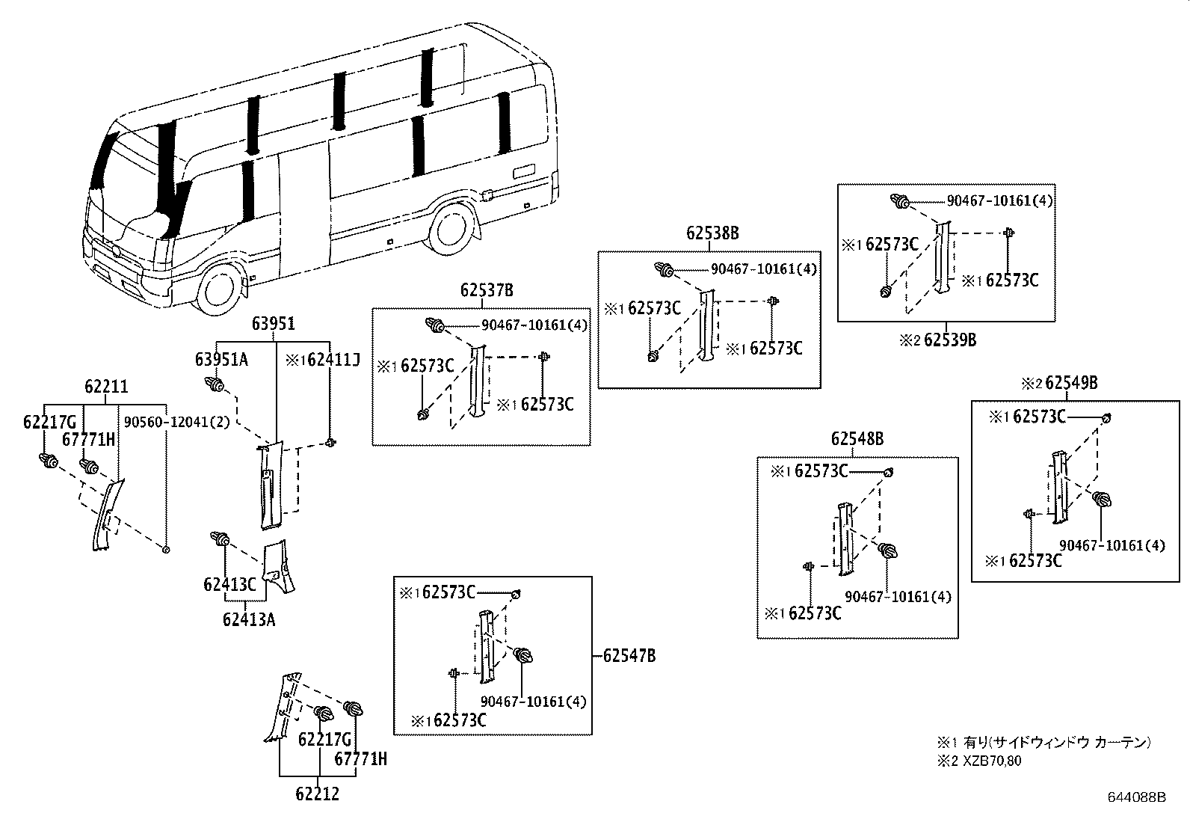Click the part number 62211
point(105,387)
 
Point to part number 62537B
point(487,290)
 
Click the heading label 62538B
point(712,233)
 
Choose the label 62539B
point(949,340)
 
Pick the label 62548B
point(857,439)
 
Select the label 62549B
point(1070,383)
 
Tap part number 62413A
point(248,619)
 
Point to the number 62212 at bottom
point(316,794)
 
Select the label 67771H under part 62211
point(89,440)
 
